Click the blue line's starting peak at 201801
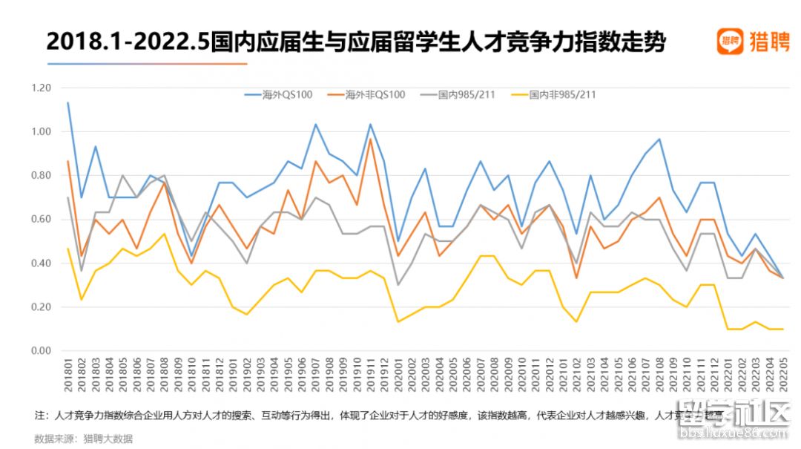pos(68,102)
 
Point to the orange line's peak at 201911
pos(371,139)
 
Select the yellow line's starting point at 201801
pos(68,249)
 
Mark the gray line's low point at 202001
pos(398,285)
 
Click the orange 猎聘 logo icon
pos(730,42)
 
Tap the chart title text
pos(356,42)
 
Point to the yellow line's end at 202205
pos(782,329)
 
